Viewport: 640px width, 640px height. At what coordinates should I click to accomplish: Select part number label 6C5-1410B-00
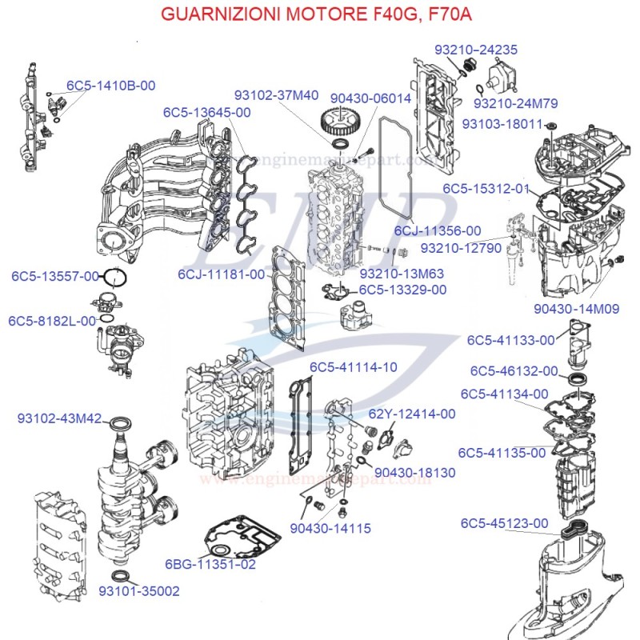pyautogui.click(x=110, y=86)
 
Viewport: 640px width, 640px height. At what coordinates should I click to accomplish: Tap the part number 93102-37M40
pyautogui.click(x=276, y=94)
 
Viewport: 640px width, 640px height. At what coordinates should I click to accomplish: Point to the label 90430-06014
pyautogui.click(x=370, y=98)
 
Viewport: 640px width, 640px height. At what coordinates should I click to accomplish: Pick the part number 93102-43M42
pyautogui.click(x=59, y=418)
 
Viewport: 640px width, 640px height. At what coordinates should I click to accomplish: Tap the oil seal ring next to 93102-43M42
pyautogui.click(x=121, y=422)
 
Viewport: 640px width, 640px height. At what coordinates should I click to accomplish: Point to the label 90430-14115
pyautogui.click(x=330, y=528)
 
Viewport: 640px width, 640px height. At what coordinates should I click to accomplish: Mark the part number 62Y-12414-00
pyautogui.click(x=412, y=414)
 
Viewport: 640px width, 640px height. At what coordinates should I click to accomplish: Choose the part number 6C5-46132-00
pyautogui.click(x=514, y=371)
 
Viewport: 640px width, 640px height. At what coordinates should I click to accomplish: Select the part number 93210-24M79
pyautogui.click(x=516, y=103)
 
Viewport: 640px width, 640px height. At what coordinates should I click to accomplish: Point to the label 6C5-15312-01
pyautogui.click(x=486, y=189)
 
